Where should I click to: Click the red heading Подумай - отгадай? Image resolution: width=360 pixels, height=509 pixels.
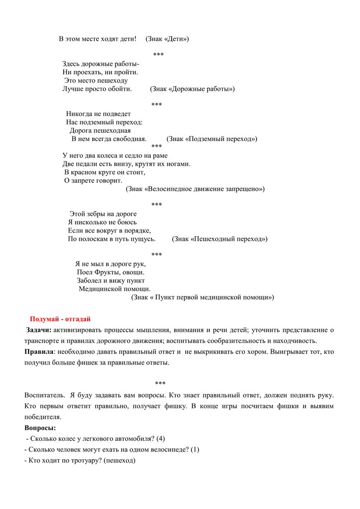[x=60, y=319]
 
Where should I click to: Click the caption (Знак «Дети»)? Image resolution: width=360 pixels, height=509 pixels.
[x=167, y=39]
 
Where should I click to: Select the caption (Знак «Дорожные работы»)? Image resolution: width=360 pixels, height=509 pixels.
[x=192, y=89]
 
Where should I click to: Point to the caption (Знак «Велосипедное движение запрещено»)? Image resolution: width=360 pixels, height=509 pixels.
[x=195, y=189]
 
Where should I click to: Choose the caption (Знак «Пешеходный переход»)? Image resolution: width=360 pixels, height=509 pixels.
[x=219, y=239]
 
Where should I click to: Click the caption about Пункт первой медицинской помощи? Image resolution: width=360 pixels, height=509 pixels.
[x=202, y=297]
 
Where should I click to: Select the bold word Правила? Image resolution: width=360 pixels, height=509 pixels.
[x=39, y=352]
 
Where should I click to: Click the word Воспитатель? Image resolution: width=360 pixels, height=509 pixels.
[x=44, y=395]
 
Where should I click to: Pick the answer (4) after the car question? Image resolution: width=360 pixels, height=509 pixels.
[x=160, y=439]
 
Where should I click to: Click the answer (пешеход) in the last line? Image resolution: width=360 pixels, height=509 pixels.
[x=120, y=461]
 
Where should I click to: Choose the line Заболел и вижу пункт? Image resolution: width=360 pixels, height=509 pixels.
[x=111, y=280]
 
